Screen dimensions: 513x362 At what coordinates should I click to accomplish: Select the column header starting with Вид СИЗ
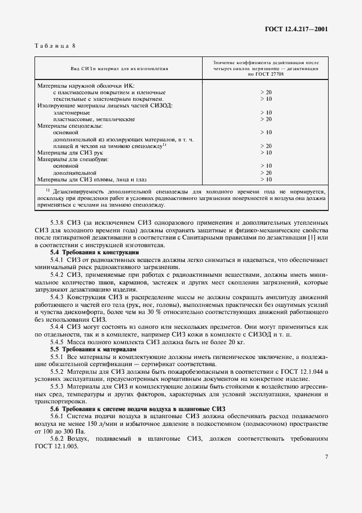(119, 69)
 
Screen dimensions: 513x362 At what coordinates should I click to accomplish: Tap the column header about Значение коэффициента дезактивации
(266, 69)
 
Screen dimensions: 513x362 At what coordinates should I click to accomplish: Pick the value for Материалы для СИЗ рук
(266, 152)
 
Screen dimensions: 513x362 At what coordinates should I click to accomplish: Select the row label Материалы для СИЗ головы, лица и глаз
(91, 179)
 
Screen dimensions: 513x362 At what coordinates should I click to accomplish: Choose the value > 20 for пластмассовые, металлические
(266, 119)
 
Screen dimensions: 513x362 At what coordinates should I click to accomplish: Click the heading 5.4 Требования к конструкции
(95, 252)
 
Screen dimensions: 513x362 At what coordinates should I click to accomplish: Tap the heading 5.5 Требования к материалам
(93, 349)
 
